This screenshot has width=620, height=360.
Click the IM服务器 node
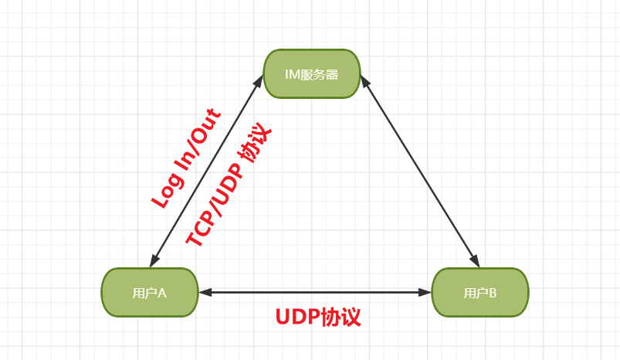tap(312, 74)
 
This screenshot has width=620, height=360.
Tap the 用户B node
tap(479, 293)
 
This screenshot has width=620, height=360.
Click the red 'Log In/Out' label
tap(187, 159)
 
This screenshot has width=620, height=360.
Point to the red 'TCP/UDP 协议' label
tap(229, 187)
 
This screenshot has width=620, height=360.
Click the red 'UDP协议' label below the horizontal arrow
tap(318, 317)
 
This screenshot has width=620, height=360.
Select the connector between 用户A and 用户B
tap(315, 293)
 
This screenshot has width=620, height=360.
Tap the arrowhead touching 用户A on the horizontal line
tap(205, 293)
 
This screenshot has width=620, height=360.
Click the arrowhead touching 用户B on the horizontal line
tap(425, 293)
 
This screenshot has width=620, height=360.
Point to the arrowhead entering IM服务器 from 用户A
tap(259, 80)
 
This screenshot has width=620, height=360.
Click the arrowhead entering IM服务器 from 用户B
tap(365, 80)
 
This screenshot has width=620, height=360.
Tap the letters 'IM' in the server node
tap(293, 75)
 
